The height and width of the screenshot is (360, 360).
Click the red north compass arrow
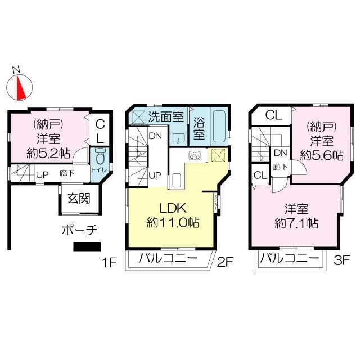(21, 86)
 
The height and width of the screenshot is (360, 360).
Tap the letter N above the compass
(17, 69)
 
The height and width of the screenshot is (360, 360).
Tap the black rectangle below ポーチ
(86, 246)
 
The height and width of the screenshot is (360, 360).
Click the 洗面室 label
(166, 117)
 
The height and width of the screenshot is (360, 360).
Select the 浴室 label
(199, 127)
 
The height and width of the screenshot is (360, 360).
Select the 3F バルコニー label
(290, 260)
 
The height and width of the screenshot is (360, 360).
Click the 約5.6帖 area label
(322, 154)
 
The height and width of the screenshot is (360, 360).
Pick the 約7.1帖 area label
(296, 223)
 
